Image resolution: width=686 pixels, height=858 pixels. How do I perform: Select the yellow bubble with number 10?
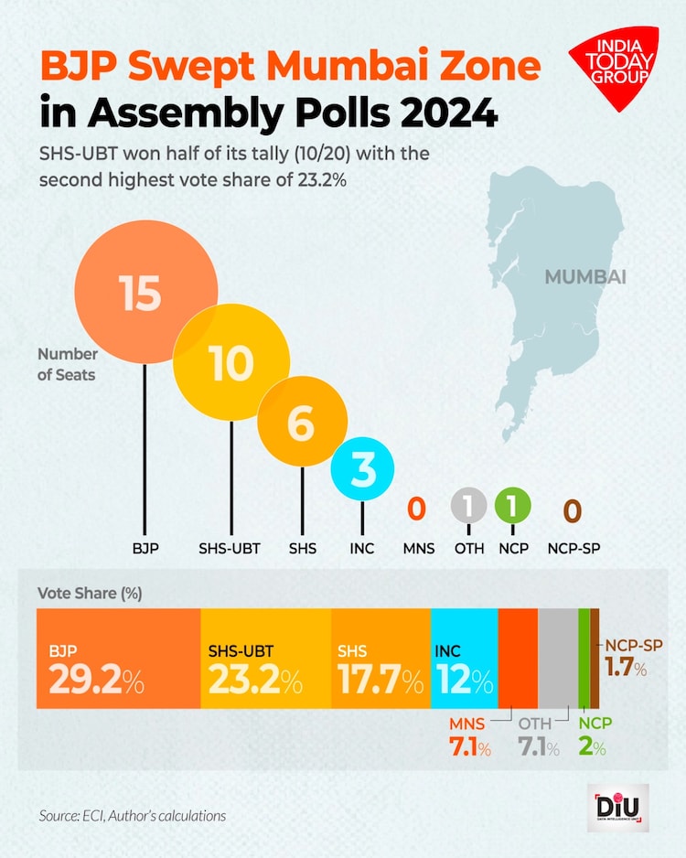231,363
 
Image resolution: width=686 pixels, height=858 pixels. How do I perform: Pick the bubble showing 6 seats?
303,424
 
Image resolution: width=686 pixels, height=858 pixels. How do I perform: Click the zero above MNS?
415,509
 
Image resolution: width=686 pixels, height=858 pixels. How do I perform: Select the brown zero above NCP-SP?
572,509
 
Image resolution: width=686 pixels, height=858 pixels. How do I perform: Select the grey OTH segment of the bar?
557,657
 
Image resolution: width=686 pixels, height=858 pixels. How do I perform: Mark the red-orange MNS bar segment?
518,657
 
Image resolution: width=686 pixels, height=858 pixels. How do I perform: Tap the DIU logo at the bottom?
618,808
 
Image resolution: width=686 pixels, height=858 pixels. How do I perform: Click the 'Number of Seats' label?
67,363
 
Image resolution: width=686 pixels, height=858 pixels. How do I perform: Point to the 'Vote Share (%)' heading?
90,592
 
